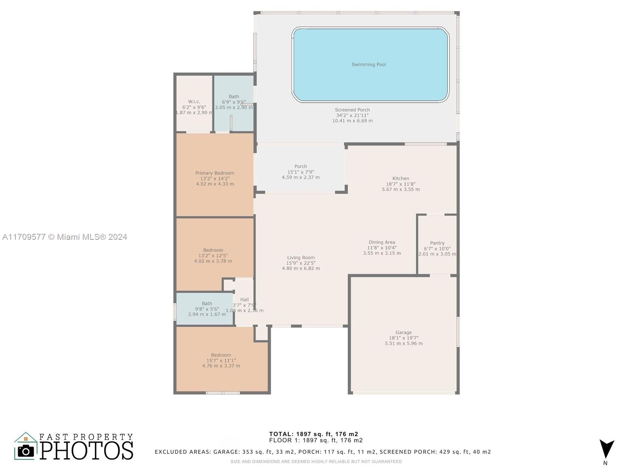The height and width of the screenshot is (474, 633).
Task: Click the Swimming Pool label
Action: [x=369, y=64]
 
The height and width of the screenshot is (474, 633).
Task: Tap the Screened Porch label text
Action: [x=352, y=110]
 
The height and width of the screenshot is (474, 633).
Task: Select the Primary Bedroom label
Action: [x=215, y=173]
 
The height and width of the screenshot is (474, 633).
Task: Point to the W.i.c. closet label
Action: [x=194, y=102]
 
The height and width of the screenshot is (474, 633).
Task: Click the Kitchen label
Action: [x=400, y=179]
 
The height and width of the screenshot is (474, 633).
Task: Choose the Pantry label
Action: [x=437, y=243]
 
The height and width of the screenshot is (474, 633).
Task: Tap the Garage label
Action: [x=404, y=333]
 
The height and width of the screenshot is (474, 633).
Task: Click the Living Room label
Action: [x=301, y=258]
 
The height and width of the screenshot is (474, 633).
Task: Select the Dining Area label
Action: [x=382, y=242]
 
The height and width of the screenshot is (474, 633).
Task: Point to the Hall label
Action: [x=244, y=299]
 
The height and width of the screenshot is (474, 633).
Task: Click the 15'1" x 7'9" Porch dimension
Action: [x=301, y=172]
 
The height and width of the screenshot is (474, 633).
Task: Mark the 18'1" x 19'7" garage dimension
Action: [x=404, y=338]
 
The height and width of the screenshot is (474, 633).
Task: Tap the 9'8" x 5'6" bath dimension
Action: [x=207, y=309]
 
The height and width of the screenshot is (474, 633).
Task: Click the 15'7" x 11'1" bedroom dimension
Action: [x=221, y=360]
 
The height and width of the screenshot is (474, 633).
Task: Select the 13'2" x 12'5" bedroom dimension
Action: [x=213, y=256]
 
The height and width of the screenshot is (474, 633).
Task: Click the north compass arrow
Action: [x=606, y=450]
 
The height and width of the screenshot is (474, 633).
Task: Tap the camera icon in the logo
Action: [x=26, y=451]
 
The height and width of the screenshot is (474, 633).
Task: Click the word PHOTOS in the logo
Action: [x=86, y=450]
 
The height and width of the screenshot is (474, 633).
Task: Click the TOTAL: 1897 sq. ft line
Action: [x=313, y=434]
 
